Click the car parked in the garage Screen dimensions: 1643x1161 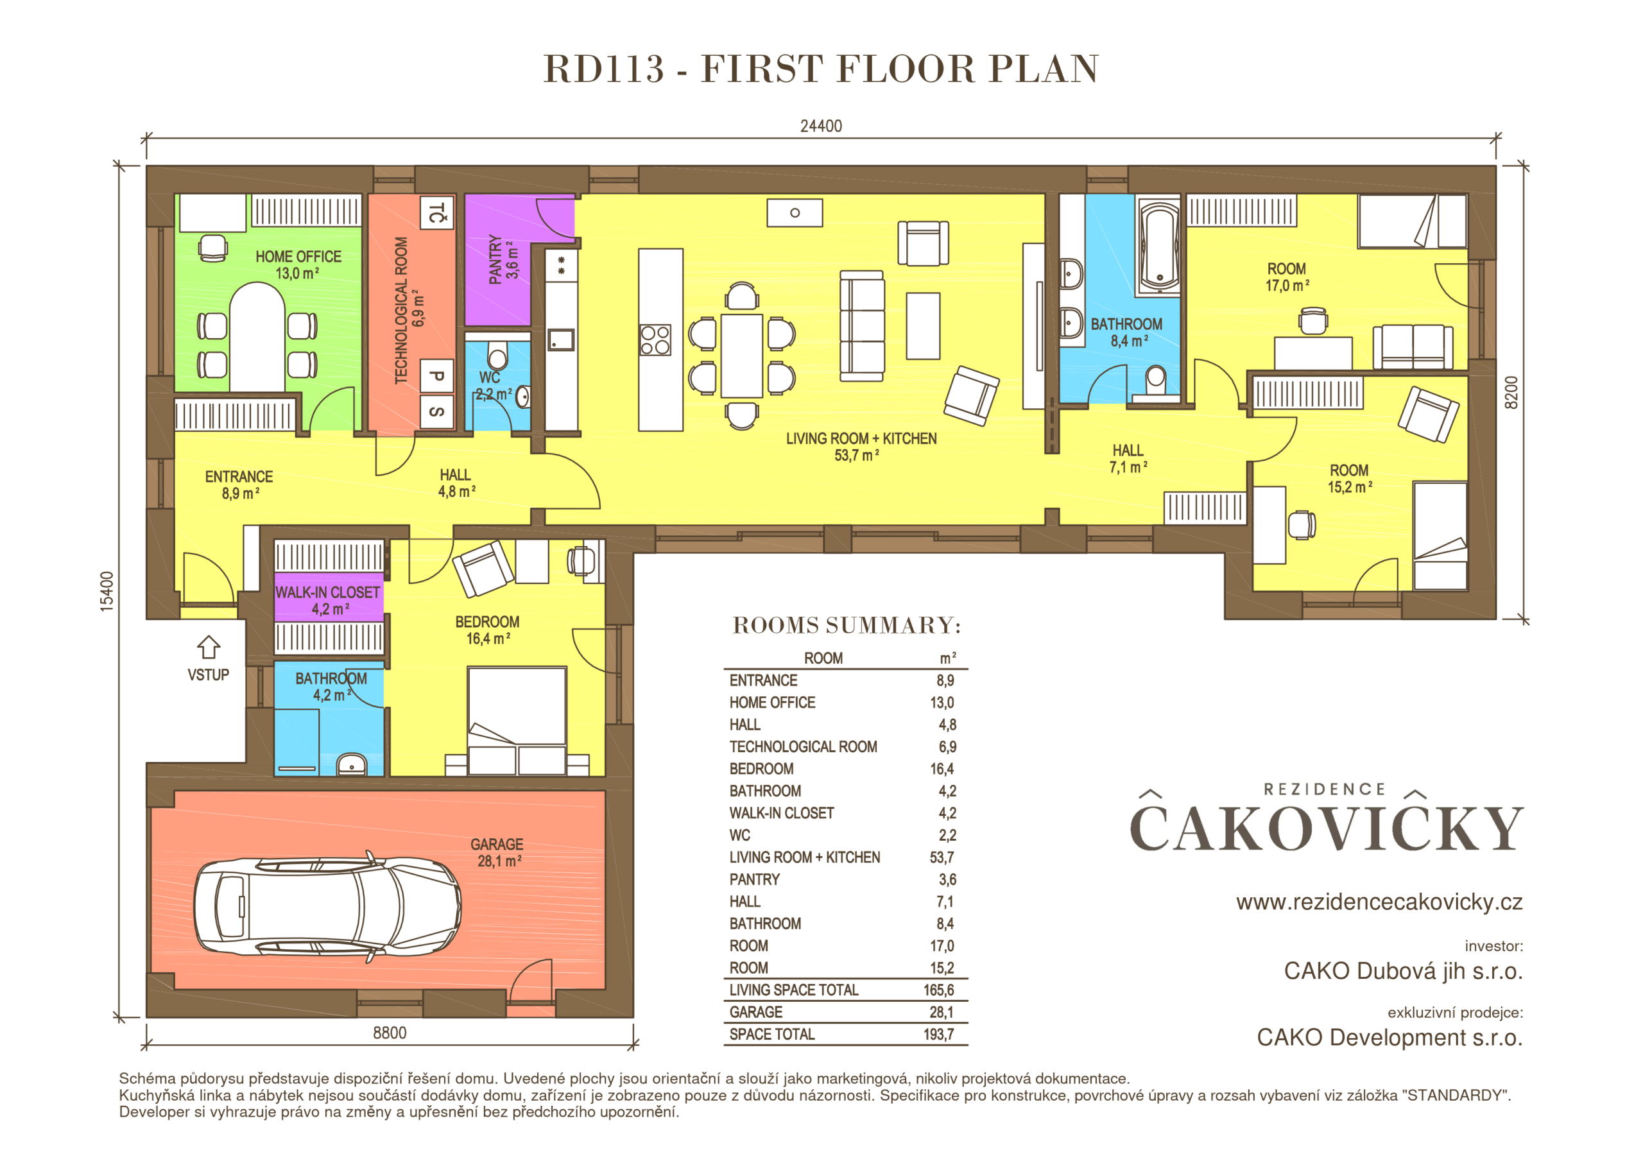(327, 907)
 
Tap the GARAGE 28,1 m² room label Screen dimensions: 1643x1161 (497, 852)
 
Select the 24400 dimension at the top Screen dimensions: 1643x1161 (821, 126)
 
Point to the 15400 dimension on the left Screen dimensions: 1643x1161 (107, 591)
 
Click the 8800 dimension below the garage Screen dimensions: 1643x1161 (390, 1033)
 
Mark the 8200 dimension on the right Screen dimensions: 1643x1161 (1511, 392)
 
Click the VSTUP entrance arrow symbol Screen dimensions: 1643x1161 (208, 647)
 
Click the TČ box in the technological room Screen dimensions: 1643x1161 (436, 212)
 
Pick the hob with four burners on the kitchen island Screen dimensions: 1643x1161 (655, 340)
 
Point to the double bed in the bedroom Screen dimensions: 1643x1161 (517, 721)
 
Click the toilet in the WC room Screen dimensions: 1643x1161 (497, 356)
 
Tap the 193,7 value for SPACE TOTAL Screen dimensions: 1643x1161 (938, 1035)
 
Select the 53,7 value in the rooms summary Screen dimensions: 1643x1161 (942, 857)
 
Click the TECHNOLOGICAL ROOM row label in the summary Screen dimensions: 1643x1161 (803, 746)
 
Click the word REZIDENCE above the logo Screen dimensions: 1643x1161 (1325, 789)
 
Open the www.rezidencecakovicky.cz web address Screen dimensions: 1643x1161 (1379, 902)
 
